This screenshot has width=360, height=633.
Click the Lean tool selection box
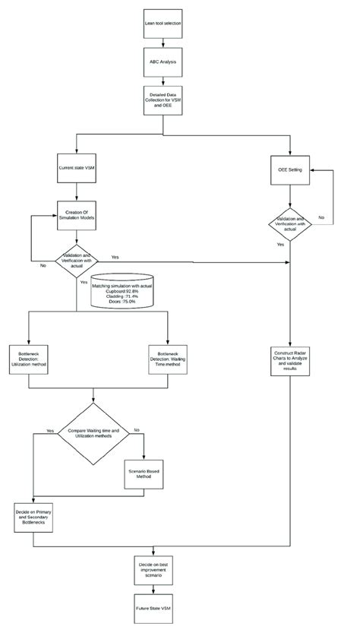163,23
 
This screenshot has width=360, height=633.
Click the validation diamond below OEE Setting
290,223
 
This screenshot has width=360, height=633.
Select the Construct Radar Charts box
290,360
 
